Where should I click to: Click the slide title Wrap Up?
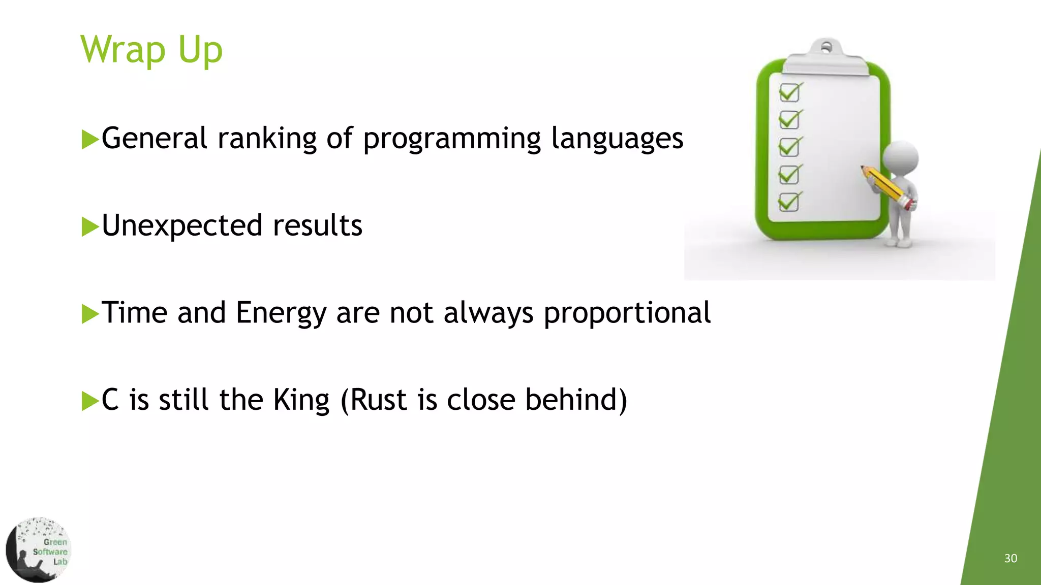151,50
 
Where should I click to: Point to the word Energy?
281,313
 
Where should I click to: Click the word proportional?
627,313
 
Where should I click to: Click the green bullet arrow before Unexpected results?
90,226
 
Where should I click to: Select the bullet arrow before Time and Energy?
90,314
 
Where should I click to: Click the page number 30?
1011,559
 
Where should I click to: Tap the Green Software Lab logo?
39,550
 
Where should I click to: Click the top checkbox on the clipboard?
789,93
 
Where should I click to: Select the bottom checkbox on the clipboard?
789,202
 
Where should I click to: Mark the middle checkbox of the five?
789,147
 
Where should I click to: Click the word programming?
452,139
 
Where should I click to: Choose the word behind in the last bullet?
575,400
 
